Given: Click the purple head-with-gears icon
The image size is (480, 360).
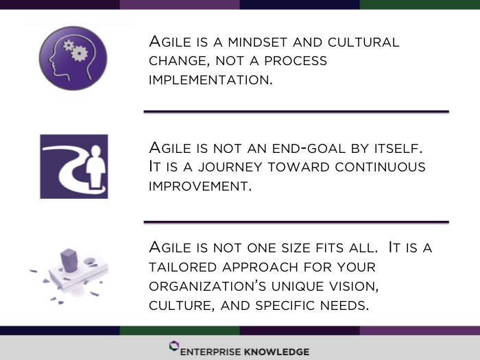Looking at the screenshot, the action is [x=73, y=58].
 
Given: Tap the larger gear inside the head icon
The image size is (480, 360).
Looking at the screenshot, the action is [x=80, y=53].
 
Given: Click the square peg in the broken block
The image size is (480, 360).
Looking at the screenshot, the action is [x=69, y=261].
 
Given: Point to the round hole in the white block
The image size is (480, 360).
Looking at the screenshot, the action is [x=89, y=261].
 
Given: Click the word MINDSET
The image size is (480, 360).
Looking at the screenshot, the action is [x=258, y=43].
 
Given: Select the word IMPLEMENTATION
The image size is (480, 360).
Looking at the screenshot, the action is [x=211, y=80].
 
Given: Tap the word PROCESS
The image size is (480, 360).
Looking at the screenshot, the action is [x=296, y=61].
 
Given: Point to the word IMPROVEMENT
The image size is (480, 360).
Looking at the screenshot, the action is [x=200, y=186].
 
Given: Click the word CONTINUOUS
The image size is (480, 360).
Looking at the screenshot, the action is [x=380, y=167].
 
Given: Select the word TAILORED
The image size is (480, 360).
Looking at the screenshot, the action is [x=183, y=267].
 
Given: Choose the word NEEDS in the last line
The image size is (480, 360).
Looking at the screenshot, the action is [x=344, y=306].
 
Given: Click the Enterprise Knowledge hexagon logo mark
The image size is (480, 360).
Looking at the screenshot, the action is [x=174, y=346].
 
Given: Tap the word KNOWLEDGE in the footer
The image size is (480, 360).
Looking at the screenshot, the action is [x=276, y=352].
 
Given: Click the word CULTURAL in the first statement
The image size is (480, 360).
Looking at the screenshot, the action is [x=363, y=43].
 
